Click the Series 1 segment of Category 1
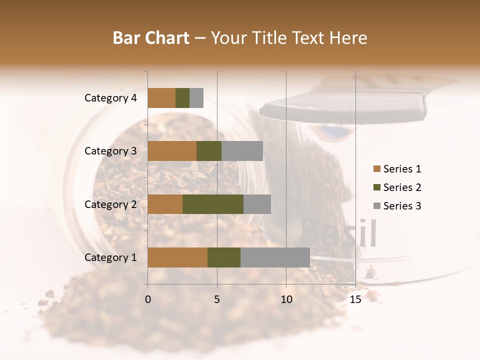(x=177, y=257)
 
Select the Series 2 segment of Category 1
(x=224, y=257)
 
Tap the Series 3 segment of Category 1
(x=275, y=257)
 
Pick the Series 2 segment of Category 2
(x=213, y=204)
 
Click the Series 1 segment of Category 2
(x=165, y=204)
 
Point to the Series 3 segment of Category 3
(x=242, y=151)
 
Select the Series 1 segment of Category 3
(x=172, y=151)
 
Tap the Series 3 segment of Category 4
(x=196, y=98)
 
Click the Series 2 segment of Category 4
(x=182, y=98)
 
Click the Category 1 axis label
(x=110, y=257)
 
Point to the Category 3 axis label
(x=110, y=151)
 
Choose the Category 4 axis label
(x=110, y=98)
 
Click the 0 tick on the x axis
(x=148, y=299)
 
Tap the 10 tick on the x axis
(x=286, y=299)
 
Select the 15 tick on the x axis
(x=355, y=299)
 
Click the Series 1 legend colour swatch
(x=376, y=169)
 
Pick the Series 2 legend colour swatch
(x=376, y=187)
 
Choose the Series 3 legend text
(x=402, y=206)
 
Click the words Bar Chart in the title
(x=151, y=38)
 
